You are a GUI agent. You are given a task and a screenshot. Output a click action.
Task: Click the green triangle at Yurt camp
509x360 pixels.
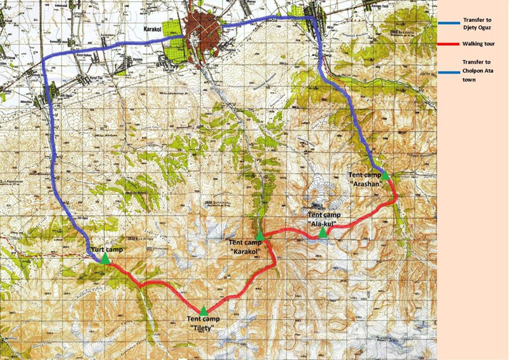pyautogui.click(x=105, y=259)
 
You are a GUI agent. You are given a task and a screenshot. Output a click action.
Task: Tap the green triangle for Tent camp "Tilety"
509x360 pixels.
pyautogui.click(x=204, y=311)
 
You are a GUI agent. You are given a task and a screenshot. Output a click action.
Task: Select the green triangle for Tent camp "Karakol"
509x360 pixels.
pyautogui.click(x=260, y=236)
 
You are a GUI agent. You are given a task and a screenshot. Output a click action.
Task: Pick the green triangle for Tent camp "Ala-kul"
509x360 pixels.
pyautogui.click(x=323, y=233)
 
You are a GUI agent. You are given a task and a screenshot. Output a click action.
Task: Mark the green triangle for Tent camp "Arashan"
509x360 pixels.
pyautogui.click(x=385, y=176)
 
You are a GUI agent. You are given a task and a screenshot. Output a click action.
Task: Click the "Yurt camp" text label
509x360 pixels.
pyautogui.click(x=106, y=250)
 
